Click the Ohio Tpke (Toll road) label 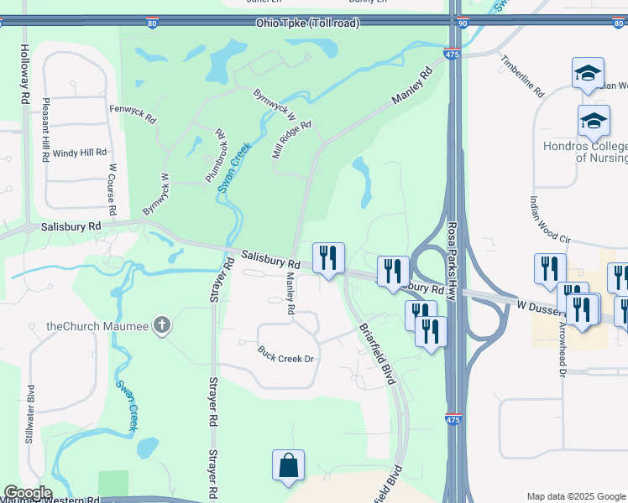[x=308, y=23]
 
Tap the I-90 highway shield [x=463, y=23]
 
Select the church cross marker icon [x=163, y=324]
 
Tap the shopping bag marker [x=288, y=465]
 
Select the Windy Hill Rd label [x=80, y=153]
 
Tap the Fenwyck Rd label [x=133, y=113]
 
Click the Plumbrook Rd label [x=215, y=156]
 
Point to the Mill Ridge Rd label [x=290, y=139]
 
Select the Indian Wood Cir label [x=550, y=220]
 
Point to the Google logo [x=27, y=493]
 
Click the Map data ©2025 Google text [x=576, y=496]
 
